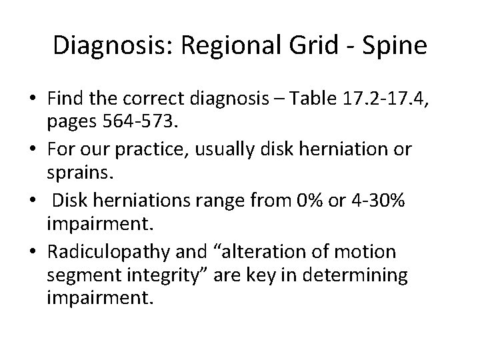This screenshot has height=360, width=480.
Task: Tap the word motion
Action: (369, 253)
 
